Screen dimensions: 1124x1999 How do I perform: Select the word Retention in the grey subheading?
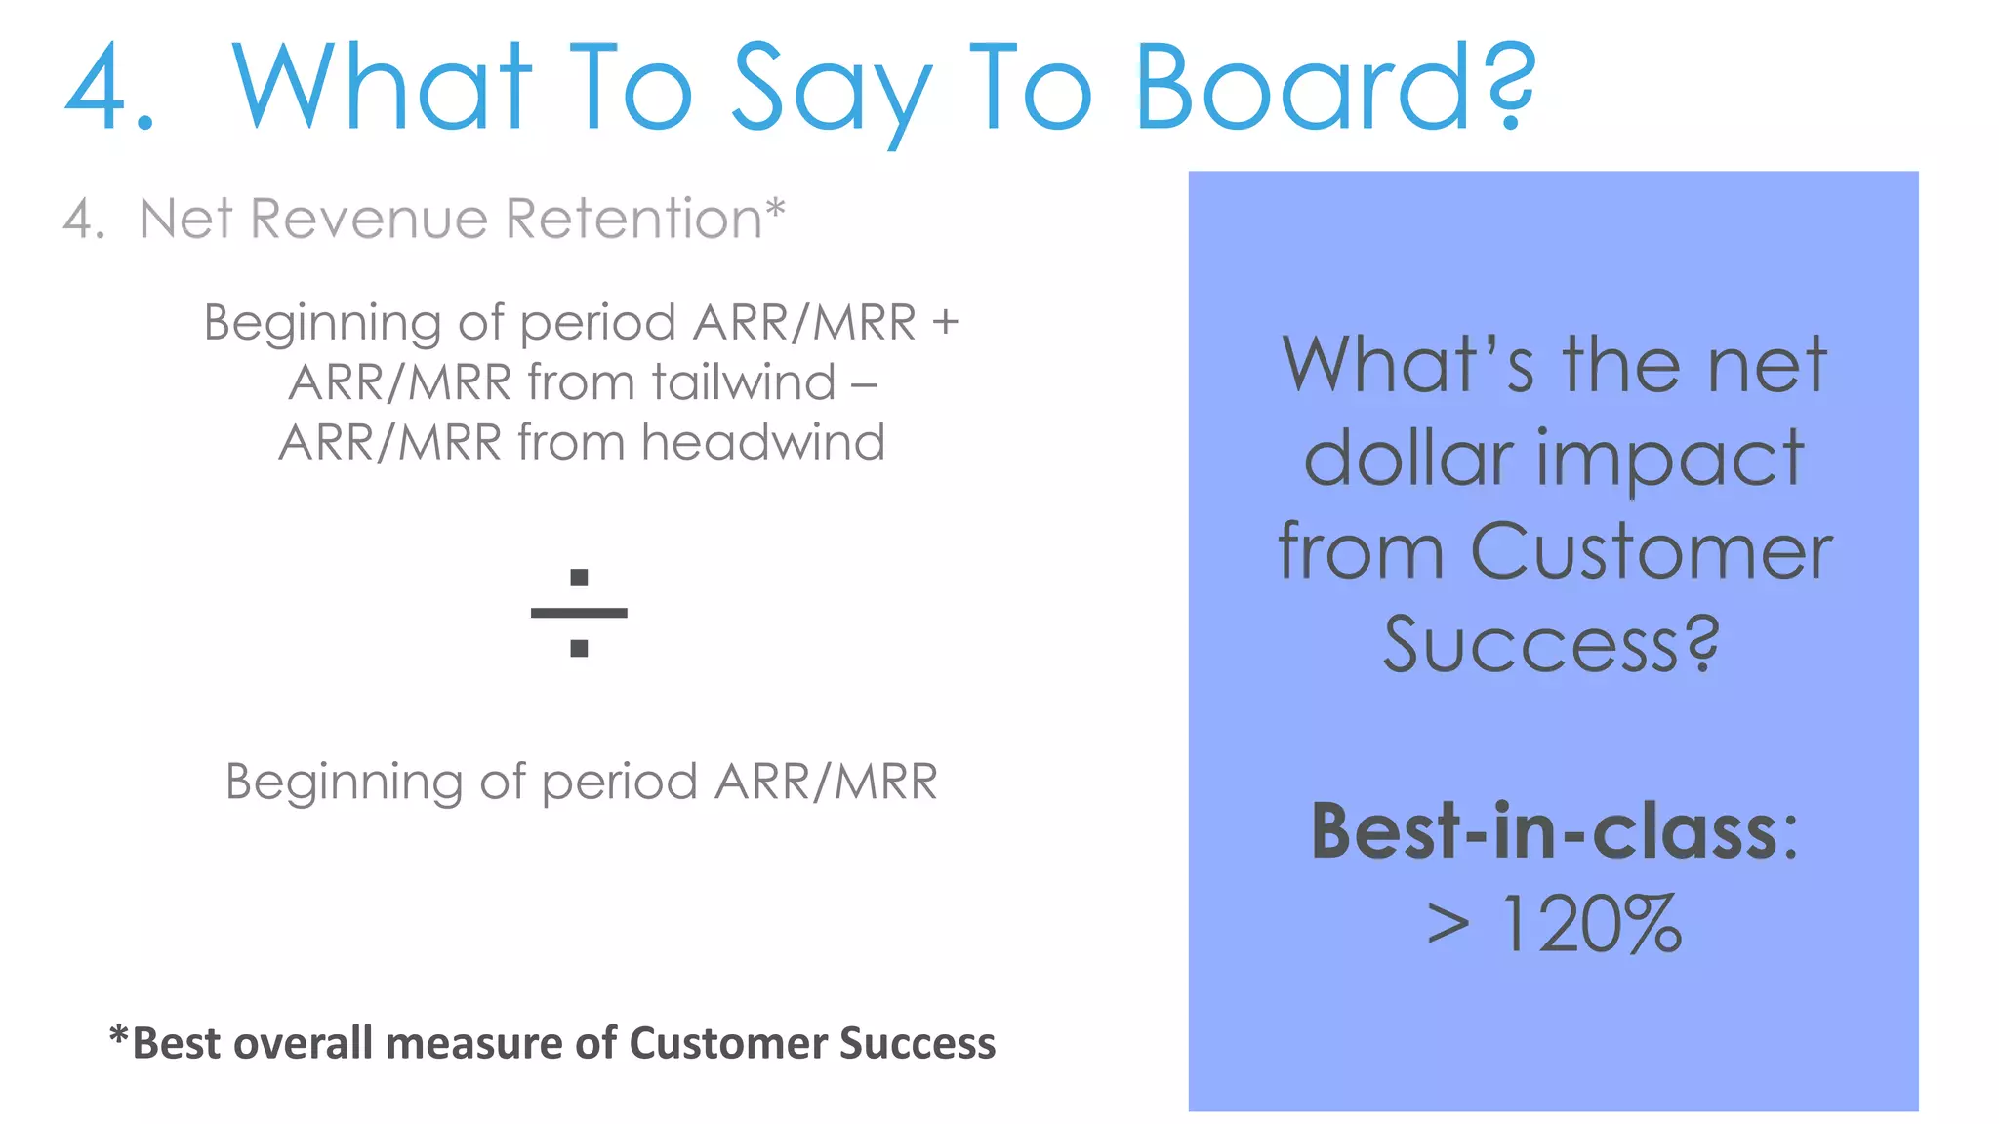click(x=633, y=219)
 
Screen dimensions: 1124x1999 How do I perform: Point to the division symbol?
click(x=579, y=613)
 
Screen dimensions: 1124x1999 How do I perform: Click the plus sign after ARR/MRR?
click(x=945, y=323)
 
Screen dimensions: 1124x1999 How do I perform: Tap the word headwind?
click(x=763, y=443)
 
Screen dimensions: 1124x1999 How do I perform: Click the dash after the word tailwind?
click(x=864, y=384)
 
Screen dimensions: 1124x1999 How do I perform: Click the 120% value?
click(x=1592, y=924)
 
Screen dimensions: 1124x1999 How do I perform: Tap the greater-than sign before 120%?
click(x=1448, y=924)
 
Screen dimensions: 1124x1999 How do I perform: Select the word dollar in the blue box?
click(x=1409, y=459)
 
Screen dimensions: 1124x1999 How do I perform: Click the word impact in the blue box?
click(x=1670, y=461)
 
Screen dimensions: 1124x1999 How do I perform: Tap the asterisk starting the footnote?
click(x=119, y=1036)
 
